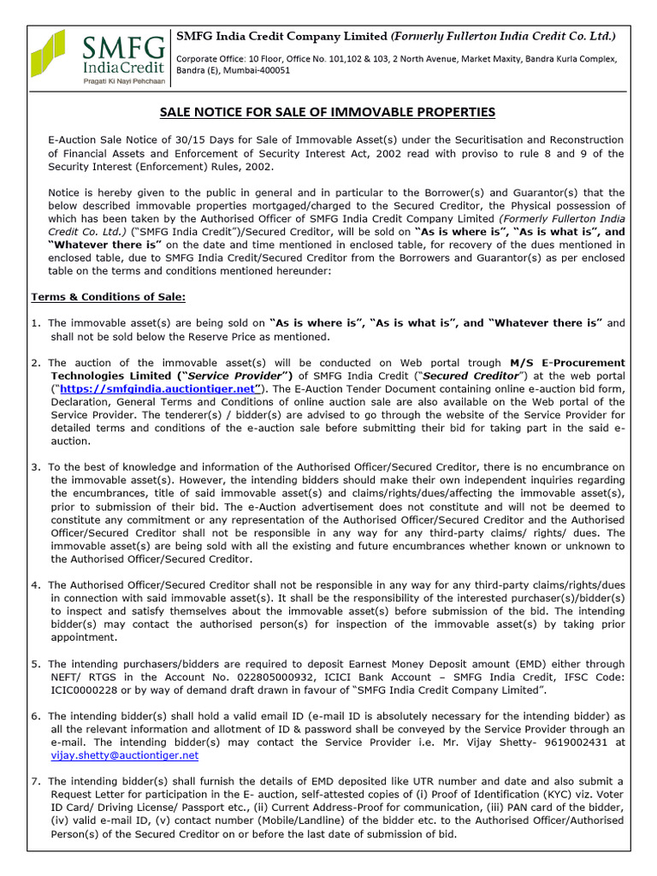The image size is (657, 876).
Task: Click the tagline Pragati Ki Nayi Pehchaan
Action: [120, 80]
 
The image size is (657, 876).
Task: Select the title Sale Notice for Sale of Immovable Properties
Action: [328, 112]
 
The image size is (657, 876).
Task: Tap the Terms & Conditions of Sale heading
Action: [108, 297]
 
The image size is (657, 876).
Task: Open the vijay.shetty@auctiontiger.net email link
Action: [124, 755]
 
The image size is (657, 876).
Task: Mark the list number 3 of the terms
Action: [35, 466]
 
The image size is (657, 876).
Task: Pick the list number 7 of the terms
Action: [35, 781]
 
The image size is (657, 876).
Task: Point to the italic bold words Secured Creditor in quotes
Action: [471, 375]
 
